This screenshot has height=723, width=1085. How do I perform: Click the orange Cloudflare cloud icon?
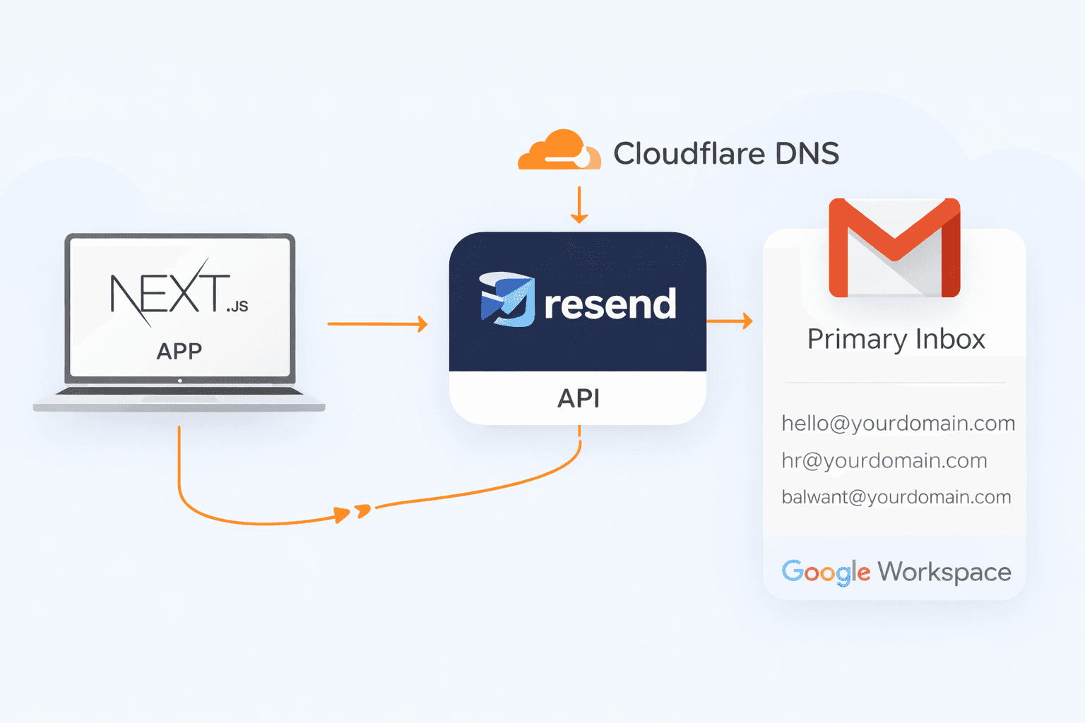tap(557, 150)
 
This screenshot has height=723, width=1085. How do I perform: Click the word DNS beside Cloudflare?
tap(807, 153)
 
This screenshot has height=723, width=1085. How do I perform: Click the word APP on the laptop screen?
tap(179, 351)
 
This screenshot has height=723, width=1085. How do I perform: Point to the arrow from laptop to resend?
tap(378, 324)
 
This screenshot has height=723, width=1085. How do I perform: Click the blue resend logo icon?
tap(507, 299)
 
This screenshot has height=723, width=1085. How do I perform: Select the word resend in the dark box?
tap(610, 304)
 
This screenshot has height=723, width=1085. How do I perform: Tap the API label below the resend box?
tap(579, 398)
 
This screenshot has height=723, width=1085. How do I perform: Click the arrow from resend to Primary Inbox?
tap(729, 321)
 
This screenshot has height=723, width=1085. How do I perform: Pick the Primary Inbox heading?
tap(896, 340)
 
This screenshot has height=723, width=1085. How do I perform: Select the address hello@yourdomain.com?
tap(898, 424)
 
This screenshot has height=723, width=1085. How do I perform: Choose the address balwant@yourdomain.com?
tap(896, 497)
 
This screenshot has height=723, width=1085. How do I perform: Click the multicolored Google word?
tap(825, 572)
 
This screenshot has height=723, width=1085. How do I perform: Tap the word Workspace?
tap(944, 572)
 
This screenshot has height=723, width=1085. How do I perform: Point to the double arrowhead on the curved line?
tap(352, 513)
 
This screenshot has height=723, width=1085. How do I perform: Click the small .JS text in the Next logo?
tap(238, 306)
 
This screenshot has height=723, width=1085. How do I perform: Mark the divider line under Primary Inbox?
tap(895, 383)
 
